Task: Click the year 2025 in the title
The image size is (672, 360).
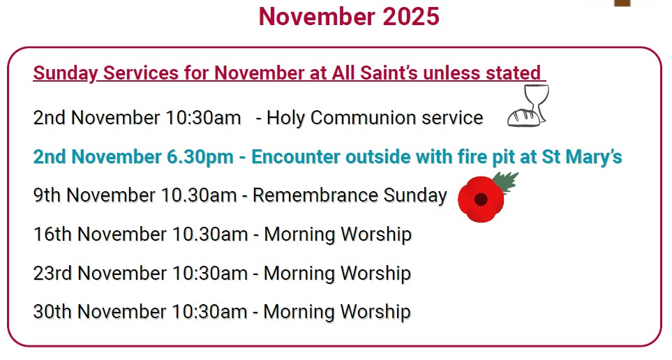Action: coord(410,16)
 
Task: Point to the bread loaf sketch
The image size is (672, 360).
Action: coord(523,117)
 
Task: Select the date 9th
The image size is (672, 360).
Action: coord(47,195)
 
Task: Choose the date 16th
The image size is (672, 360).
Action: coord(53,234)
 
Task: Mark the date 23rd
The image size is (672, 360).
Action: coord(53,273)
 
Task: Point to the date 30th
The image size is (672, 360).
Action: coord(53,311)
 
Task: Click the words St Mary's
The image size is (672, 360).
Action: coord(582,157)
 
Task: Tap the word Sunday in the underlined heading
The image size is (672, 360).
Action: coord(64,73)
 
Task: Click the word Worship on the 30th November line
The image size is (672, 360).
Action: coord(375,311)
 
